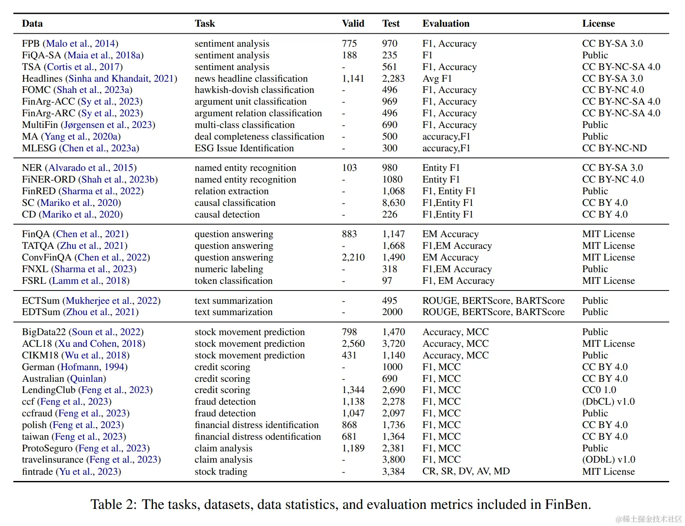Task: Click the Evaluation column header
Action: (x=446, y=24)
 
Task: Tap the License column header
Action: (x=598, y=24)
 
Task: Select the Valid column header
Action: (x=353, y=24)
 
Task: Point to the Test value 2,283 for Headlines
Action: (x=393, y=78)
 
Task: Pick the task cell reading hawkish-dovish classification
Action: (x=254, y=90)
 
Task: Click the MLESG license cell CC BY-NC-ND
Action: (x=614, y=148)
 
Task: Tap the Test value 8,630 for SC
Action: (x=393, y=203)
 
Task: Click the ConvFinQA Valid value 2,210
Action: (x=353, y=257)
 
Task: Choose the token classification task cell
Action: (x=233, y=281)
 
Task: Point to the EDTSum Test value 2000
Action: (x=392, y=312)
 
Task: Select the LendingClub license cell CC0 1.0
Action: (x=599, y=390)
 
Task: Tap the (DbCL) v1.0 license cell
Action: (x=608, y=401)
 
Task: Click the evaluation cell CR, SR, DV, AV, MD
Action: (x=466, y=471)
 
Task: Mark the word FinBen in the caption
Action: (x=567, y=504)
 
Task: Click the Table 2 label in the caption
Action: (x=113, y=504)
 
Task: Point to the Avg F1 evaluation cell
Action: (x=437, y=78)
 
